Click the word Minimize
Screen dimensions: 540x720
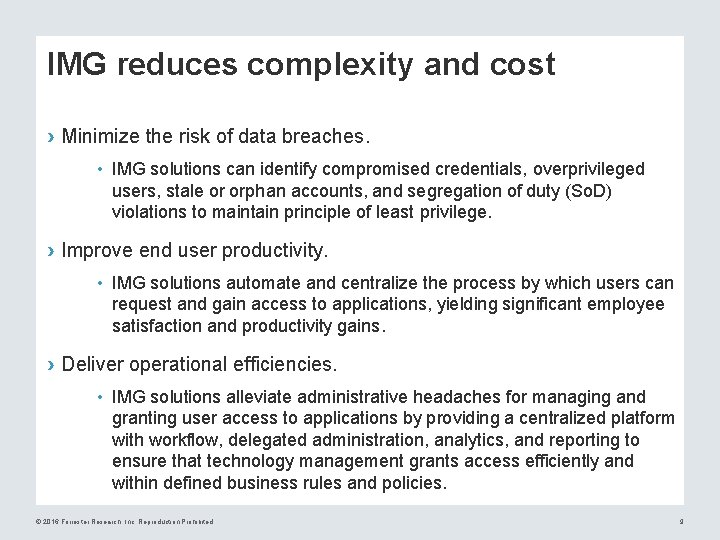[102, 134]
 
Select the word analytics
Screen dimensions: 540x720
[473, 440]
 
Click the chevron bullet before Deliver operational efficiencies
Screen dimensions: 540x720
[51, 363]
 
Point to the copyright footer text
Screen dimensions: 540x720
[123, 522]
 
